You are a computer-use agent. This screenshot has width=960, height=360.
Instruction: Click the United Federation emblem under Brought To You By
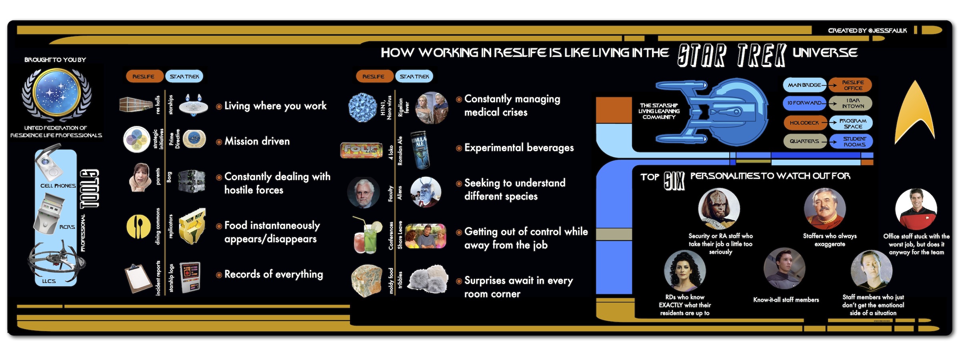[x=56, y=94]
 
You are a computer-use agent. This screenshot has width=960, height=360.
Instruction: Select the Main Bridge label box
[x=804, y=85]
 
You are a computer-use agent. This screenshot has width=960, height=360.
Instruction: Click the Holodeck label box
[x=804, y=123]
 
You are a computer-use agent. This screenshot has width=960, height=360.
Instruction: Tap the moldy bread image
[x=366, y=280]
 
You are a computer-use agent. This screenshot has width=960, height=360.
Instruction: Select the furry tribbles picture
[x=428, y=278]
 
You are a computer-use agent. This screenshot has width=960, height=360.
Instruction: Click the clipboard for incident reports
[x=138, y=278]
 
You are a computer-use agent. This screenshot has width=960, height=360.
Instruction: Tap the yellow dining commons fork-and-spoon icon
[x=139, y=226]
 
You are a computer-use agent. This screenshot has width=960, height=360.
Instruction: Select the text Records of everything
[x=274, y=274]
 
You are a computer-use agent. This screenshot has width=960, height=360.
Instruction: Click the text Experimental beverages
[x=519, y=148]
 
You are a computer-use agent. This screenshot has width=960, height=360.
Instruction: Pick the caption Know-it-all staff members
[x=786, y=300]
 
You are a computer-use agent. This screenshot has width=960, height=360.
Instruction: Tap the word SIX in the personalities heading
[x=674, y=181]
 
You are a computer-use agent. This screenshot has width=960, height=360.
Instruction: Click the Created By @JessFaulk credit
[x=867, y=30]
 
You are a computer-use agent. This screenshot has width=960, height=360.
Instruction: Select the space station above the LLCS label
[x=56, y=259]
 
